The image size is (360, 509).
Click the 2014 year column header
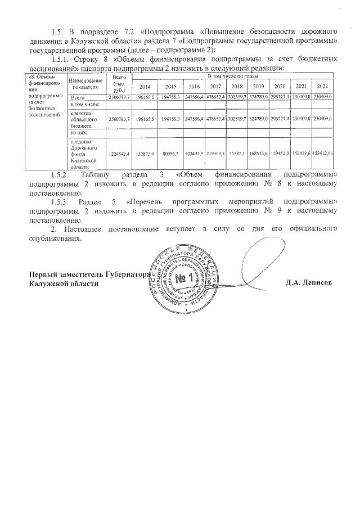[x=145, y=87]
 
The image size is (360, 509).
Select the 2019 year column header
[x=258, y=87]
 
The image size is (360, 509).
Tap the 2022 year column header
[x=322, y=87]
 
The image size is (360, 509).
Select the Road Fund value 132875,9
[x=145, y=153]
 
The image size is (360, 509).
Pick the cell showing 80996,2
[x=169, y=153]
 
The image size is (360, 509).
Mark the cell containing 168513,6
[x=258, y=153]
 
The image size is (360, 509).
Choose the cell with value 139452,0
[x=280, y=153]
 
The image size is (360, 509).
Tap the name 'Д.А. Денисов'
[x=309, y=282]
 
